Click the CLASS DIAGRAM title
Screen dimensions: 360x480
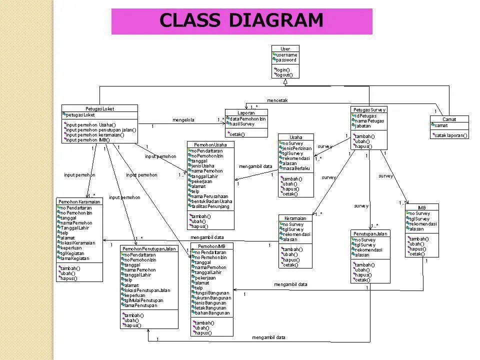point(241,20)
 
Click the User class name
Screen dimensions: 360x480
point(285,49)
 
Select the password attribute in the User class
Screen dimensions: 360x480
point(286,60)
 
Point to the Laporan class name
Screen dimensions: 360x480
point(246,112)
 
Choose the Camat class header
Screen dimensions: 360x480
point(449,119)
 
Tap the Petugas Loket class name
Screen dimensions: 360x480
point(99,108)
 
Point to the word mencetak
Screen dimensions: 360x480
point(277,100)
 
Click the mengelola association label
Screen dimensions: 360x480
point(183,120)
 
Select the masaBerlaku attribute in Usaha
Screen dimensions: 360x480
point(297,168)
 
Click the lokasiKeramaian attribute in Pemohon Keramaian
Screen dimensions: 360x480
point(78,242)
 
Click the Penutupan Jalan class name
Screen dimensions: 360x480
point(370,233)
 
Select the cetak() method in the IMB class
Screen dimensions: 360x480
point(417,253)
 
